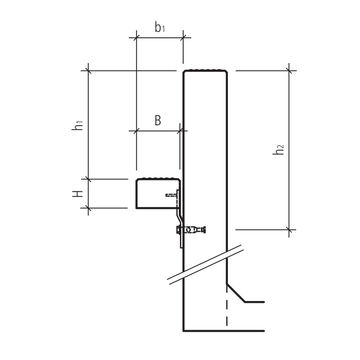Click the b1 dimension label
tap(159, 27)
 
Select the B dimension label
tap(158, 121)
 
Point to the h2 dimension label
tap(278, 149)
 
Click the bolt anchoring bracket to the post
tap(191, 229)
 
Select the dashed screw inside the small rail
tap(171, 195)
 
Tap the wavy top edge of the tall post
tap(205, 70)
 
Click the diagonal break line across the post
tap(205, 265)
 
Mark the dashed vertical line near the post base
tap(226, 310)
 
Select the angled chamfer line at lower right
tap(235, 293)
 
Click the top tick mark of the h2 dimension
tap(289, 71)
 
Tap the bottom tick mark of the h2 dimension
tap(289, 229)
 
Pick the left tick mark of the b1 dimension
tap(136, 37)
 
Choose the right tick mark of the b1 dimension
tap(183, 37)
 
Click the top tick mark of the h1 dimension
tap(88, 71)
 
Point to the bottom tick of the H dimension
tap(88, 208)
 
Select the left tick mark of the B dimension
tap(136, 131)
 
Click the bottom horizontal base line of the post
tap(223, 330)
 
